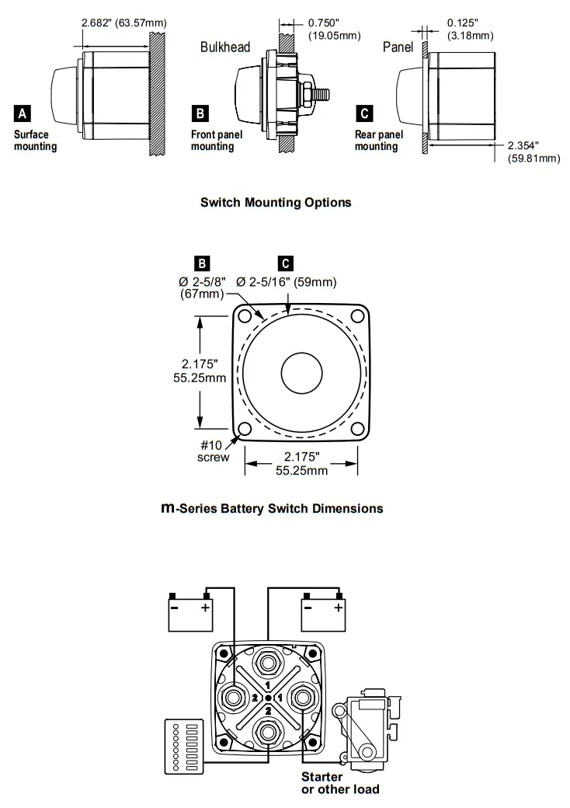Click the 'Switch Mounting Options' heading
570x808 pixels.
(x=276, y=203)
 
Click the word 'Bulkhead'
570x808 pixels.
(x=225, y=47)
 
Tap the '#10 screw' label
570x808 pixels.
(x=213, y=451)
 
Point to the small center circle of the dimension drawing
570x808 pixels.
(x=302, y=372)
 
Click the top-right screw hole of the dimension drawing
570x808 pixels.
(x=357, y=315)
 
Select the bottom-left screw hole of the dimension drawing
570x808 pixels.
(x=245, y=430)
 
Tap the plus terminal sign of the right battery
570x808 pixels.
(x=338, y=607)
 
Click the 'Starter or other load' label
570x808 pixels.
(x=340, y=783)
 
